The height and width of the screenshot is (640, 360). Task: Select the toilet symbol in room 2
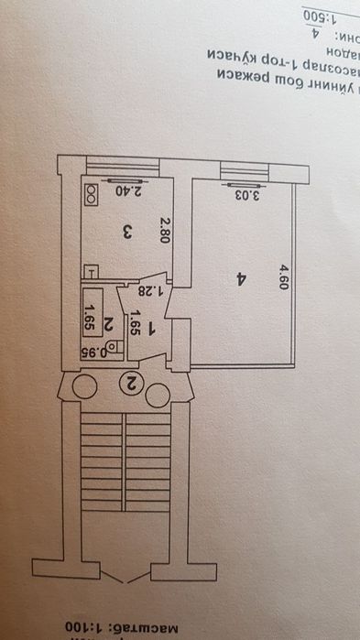[113, 347]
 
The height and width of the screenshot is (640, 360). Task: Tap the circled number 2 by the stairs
[130, 385]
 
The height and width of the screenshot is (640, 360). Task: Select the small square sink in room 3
[90, 271]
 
